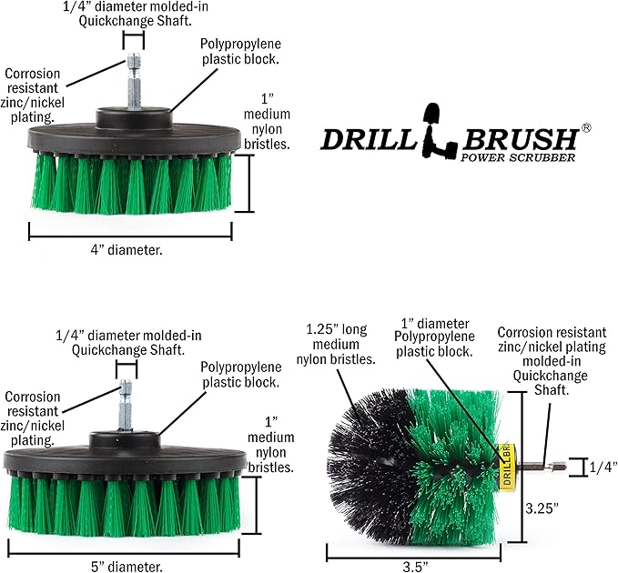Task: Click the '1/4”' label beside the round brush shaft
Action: [603, 467]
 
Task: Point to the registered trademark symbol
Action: [586, 129]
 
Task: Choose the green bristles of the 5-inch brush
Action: [125, 506]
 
